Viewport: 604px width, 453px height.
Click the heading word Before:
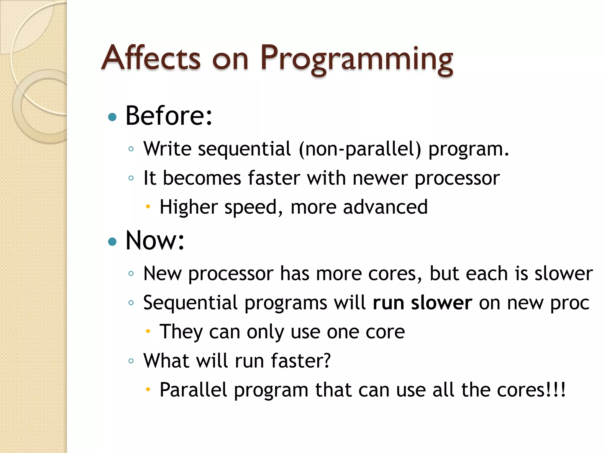[169, 116]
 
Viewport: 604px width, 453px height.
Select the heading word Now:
[155, 240]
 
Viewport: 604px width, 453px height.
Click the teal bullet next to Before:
[112, 117]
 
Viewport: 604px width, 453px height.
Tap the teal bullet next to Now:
[112, 242]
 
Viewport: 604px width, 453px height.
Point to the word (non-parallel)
[360, 149]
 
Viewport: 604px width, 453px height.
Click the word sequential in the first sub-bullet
[244, 149]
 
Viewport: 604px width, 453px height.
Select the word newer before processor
[380, 178]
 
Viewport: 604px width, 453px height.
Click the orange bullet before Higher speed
[148, 206]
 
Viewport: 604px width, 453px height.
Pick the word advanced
[385, 207]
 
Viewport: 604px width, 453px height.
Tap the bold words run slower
[422, 303]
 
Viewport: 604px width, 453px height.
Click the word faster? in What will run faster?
[301, 360]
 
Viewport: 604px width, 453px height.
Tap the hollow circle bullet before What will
[131, 360]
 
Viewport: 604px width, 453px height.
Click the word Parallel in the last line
[193, 390]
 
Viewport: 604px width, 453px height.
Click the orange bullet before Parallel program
[148, 390]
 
